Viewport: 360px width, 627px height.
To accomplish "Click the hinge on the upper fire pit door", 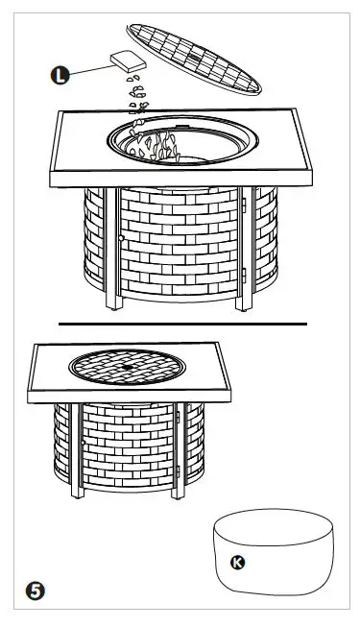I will (x=246, y=204).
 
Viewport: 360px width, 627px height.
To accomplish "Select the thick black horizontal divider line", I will (x=182, y=325).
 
